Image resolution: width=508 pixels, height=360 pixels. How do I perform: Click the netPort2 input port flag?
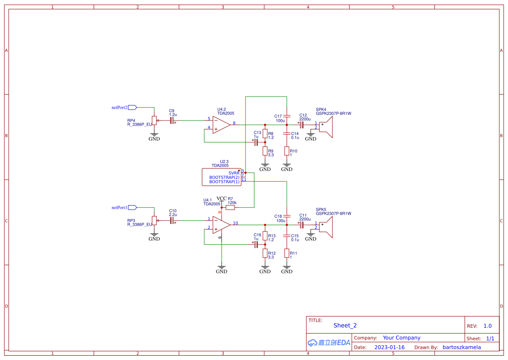[x=133, y=107]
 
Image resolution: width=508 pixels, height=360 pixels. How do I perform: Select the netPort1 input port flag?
[x=133, y=207]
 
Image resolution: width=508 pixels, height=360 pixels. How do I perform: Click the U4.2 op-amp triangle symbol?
[x=221, y=125]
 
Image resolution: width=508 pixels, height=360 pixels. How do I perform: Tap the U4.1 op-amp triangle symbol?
[x=221, y=225]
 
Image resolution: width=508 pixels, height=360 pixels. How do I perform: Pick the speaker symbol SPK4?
[x=325, y=127]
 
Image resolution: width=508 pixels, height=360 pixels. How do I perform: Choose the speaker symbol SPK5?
[x=325, y=227]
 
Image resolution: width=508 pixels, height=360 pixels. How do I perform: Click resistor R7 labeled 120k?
[x=230, y=207]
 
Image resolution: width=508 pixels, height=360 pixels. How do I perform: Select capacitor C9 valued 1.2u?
[x=172, y=120]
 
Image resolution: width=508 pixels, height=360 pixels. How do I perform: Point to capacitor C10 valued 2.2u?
[x=172, y=220]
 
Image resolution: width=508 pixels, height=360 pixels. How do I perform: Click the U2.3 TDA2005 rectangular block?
[x=222, y=177]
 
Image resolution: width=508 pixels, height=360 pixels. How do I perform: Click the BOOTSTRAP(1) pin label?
[x=224, y=182]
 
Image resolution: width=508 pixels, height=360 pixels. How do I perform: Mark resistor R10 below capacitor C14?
[x=286, y=151]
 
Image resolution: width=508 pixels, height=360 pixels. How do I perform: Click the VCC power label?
[x=222, y=199]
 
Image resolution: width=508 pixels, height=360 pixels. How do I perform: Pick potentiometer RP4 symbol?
[x=154, y=120]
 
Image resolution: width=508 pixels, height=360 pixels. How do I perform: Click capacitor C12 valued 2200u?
[x=301, y=123]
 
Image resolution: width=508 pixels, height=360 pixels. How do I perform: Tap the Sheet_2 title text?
[x=345, y=325]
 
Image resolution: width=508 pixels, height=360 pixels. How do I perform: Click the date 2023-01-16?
[x=389, y=347]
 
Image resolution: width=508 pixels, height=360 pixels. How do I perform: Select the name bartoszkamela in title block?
[x=462, y=347]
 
